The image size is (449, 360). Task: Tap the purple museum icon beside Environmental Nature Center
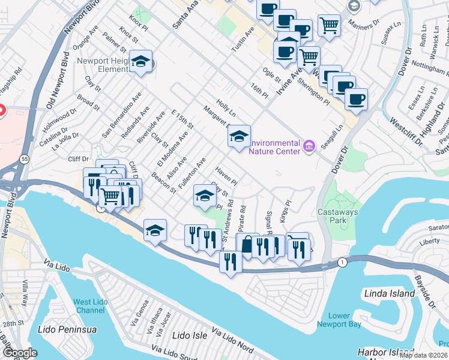(x=309, y=145)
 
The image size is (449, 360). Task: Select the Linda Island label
(x=390, y=293)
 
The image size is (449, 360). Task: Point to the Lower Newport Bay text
(x=340, y=320)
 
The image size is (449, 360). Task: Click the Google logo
(x=20, y=353)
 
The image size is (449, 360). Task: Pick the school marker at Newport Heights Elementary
(x=141, y=62)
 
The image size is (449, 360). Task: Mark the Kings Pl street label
(x=287, y=211)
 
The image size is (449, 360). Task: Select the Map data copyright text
(x=423, y=355)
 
